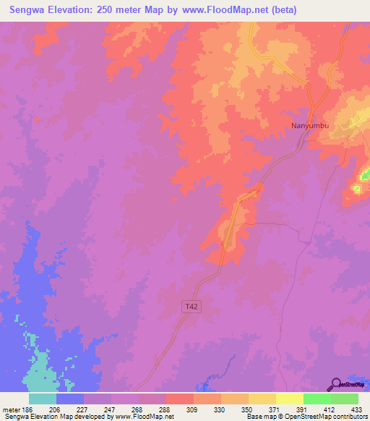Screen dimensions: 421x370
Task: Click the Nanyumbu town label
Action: [310, 126]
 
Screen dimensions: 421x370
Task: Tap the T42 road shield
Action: [189, 307]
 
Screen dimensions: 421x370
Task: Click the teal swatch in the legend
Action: [43, 399]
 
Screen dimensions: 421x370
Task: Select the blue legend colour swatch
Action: [70, 399]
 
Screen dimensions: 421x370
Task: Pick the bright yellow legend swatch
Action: [289, 399]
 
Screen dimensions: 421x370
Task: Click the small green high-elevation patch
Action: [356, 190]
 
